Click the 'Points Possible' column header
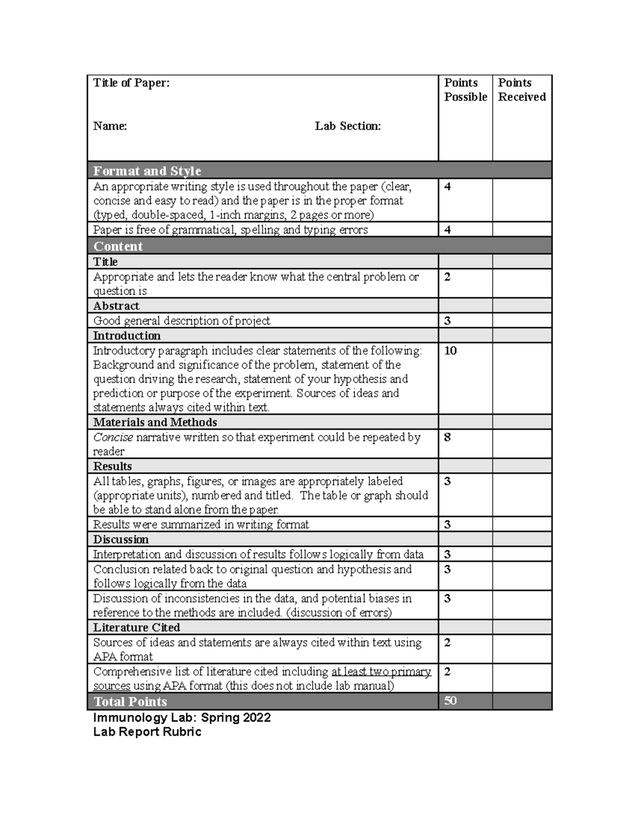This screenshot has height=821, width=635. [465, 90]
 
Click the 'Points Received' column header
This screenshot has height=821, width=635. [521, 90]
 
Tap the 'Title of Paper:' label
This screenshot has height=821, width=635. [131, 83]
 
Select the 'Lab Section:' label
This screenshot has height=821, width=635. [348, 126]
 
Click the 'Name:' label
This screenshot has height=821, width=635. [110, 126]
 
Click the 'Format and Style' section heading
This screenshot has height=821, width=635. [147, 171]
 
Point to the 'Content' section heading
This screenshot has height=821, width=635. [118, 246]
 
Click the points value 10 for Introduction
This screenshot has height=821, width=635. [450, 351]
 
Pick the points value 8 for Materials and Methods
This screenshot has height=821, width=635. [448, 437]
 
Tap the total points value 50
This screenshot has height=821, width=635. [450, 701]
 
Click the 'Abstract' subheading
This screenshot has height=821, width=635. [116, 306]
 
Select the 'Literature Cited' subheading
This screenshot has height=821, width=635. [137, 628]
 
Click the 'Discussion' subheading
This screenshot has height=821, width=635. [121, 540]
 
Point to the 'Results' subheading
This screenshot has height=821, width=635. [113, 467]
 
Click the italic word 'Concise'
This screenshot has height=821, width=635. [113, 438]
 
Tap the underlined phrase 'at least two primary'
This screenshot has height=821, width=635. [381, 672]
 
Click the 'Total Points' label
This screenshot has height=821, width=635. [130, 702]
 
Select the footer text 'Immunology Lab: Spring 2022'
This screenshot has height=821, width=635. [182, 718]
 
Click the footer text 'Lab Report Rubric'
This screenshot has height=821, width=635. [147, 732]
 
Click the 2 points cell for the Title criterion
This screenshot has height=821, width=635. [448, 277]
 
